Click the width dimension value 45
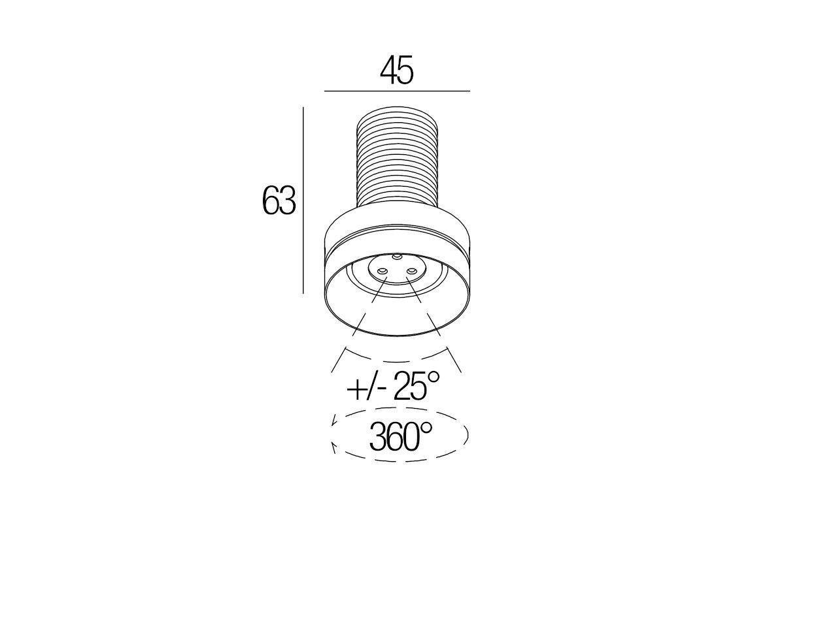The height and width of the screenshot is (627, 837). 396,71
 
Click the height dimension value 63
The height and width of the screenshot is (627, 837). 279,201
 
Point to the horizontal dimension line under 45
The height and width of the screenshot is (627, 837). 397,91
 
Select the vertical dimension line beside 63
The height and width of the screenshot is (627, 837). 303,201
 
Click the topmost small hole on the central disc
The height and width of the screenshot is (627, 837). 397,257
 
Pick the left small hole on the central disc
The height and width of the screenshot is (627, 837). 382,271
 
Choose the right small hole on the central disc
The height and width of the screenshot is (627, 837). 412,271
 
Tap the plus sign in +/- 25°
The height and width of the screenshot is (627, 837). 355,389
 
